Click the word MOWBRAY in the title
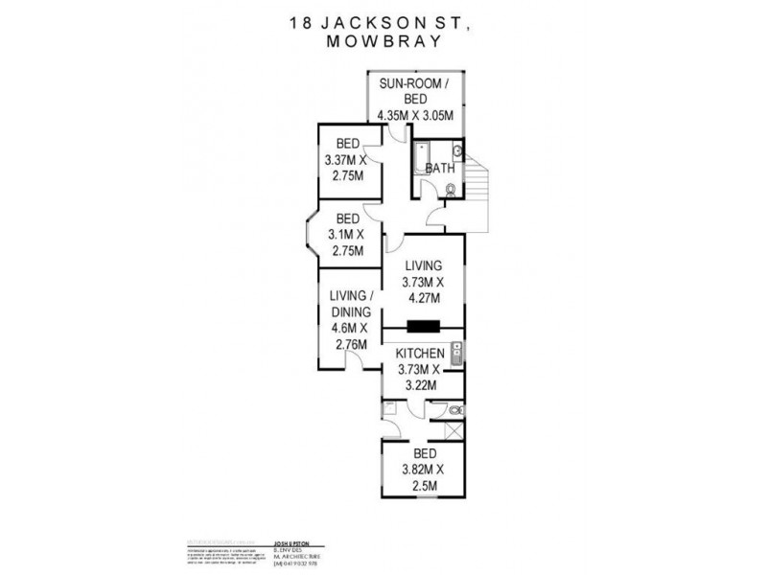pyautogui.click(x=383, y=41)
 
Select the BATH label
pyautogui.click(x=439, y=169)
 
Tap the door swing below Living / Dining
pyautogui.click(x=355, y=361)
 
